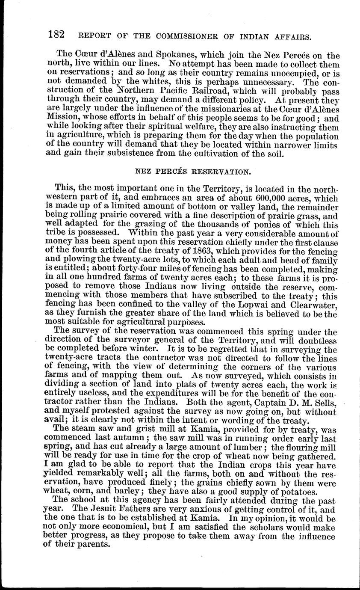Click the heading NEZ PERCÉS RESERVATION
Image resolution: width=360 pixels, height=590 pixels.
[x=192, y=172]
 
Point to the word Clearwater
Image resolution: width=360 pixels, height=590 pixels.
[x=314, y=305]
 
